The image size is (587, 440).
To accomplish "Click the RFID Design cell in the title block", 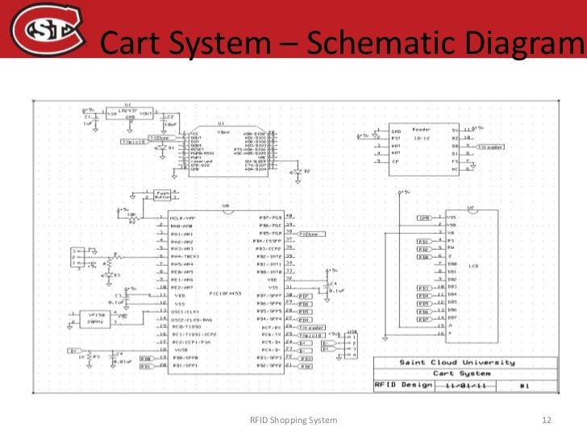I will coord(398,385).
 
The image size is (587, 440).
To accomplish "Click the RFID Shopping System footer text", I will coord(293,421).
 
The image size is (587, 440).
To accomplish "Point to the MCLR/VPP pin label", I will coord(181,218).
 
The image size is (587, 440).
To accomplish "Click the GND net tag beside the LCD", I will coord(423,218).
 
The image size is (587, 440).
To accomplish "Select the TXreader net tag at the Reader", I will coord(490,147).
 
